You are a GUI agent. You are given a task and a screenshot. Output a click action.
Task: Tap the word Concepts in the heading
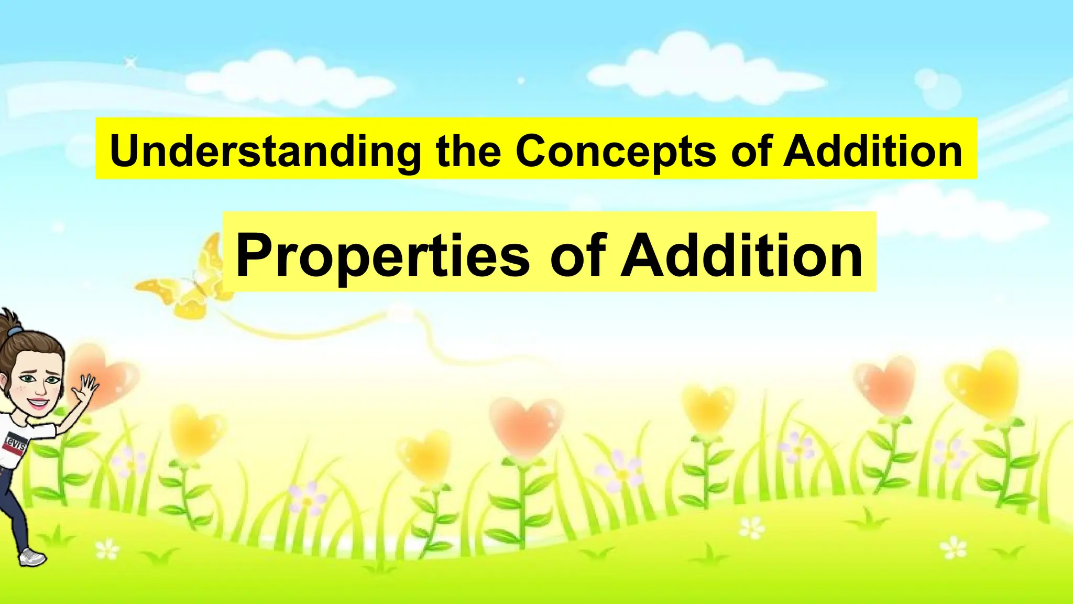(x=615, y=152)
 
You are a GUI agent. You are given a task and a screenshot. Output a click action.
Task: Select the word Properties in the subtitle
(x=382, y=255)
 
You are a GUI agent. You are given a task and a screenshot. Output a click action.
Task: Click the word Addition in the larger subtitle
(x=741, y=255)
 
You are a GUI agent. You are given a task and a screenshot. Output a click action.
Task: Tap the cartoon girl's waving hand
(x=86, y=388)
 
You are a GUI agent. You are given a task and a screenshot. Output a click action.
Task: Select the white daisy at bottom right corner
(x=954, y=548)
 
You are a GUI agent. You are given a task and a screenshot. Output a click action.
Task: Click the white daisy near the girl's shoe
(x=107, y=549)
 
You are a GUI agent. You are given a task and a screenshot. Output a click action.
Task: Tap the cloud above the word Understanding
(x=288, y=79)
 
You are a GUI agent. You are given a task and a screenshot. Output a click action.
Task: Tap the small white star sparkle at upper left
(x=130, y=63)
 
